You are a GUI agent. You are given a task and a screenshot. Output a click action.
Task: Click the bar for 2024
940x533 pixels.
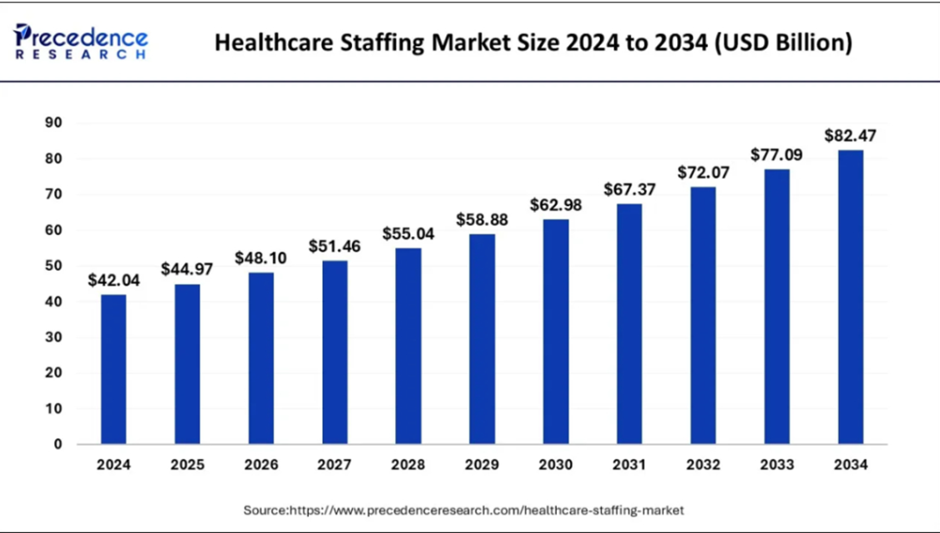pos(114,369)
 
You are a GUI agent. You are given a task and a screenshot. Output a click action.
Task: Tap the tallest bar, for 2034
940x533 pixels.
pos(850,297)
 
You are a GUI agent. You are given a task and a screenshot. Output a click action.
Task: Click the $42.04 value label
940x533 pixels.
pos(114,281)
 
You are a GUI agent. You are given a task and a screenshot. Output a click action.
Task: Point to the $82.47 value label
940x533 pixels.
pos(850,135)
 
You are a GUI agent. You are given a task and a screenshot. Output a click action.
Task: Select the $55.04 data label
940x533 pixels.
pos(408,234)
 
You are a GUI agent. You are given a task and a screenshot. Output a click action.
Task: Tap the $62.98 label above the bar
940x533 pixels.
pos(556,205)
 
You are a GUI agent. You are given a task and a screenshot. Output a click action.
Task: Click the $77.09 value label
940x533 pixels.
pos(776,154)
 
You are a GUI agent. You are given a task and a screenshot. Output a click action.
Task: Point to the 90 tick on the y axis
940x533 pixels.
pos(53,123)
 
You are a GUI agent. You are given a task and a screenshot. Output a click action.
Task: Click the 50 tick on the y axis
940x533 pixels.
pos(53,266)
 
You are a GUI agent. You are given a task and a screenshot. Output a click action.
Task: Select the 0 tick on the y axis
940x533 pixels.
pos(58,445)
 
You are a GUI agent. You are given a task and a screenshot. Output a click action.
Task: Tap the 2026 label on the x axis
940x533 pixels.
pos(261,465)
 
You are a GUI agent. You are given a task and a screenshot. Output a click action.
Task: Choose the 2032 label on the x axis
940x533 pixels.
pos(703,465)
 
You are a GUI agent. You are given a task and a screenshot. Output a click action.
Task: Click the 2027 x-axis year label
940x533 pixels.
pos(335,465)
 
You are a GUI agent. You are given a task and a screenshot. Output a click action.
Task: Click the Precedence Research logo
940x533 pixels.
pos(81,42)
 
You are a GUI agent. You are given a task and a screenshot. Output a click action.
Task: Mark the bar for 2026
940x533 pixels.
pos(261,358)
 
